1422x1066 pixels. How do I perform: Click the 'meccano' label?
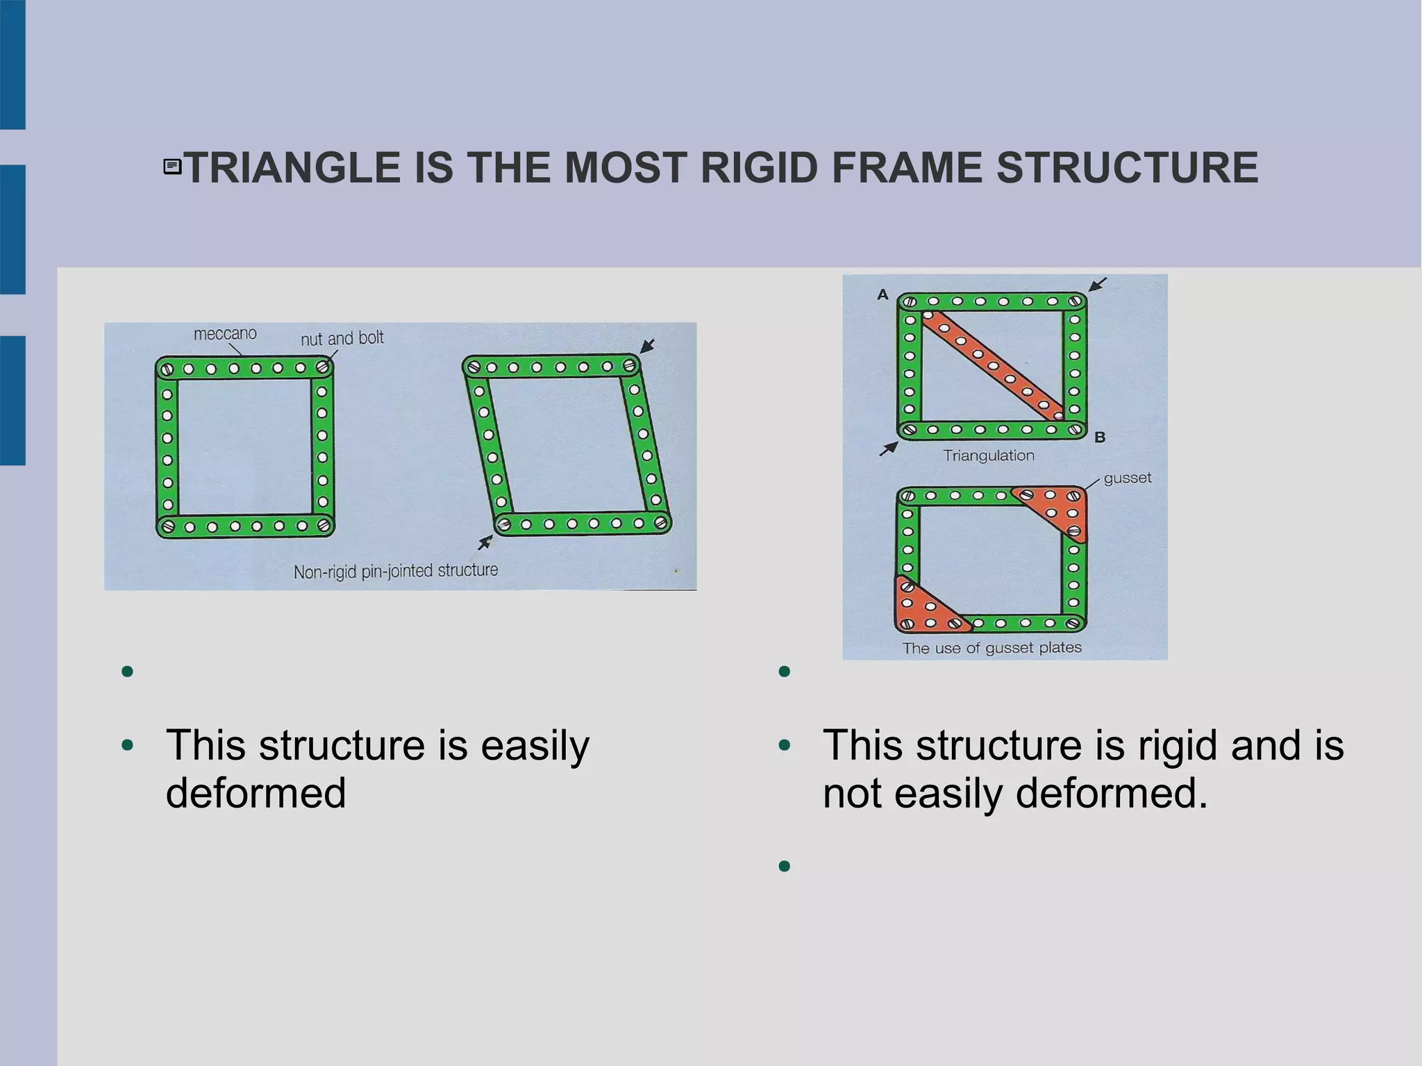click(x=225, y=334)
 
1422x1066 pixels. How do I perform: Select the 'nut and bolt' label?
click(x=342, y=338)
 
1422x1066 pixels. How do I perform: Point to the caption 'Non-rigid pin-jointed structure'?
click(x=396, y=571)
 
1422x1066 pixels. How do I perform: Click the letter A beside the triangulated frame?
click(x=883, y=294)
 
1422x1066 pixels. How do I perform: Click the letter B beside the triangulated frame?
click(x=1100, y=438)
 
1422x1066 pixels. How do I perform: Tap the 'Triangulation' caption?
click(x=988, y=456)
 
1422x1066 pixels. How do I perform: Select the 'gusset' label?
click(x=1127, y=478)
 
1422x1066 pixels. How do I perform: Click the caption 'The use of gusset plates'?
click(x=992, y=648)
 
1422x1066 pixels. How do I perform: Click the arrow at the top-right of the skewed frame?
click(x=647, y=346)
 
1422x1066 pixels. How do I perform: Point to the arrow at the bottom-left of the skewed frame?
click(x=485, y=542)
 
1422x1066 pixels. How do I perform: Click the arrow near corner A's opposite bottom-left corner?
click(x=888, y=449)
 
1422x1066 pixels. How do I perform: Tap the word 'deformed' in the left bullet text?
click(x=256, y=793)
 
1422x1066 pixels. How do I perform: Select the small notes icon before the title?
click(x=172, y=167)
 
